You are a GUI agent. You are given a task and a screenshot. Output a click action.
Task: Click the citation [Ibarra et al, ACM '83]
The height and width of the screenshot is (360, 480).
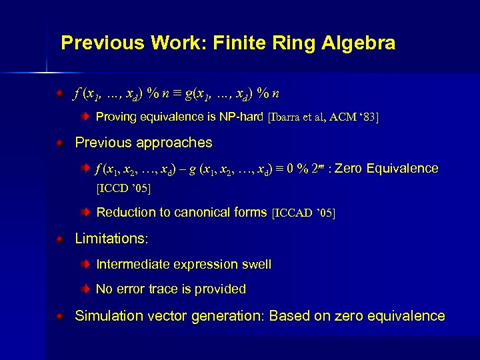323,118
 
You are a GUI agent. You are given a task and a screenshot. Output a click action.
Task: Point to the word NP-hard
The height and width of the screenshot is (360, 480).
241,117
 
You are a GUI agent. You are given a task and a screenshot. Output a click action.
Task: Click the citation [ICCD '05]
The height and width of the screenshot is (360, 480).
124,189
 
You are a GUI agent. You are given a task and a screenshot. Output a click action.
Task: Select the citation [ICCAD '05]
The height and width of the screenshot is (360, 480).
304,213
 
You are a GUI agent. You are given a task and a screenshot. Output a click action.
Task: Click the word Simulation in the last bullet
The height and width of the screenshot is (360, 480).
106,316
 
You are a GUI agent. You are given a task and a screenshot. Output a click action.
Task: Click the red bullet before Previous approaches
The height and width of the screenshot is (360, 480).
60,143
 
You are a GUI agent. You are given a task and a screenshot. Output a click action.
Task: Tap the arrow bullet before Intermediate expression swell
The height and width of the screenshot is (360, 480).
85,265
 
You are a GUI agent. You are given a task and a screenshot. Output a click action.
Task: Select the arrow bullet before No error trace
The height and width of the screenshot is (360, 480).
85,289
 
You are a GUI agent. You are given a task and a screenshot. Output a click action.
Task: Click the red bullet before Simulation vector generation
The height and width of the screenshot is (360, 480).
60,316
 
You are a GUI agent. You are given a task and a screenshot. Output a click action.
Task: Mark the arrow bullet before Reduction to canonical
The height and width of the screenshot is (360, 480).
85,213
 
